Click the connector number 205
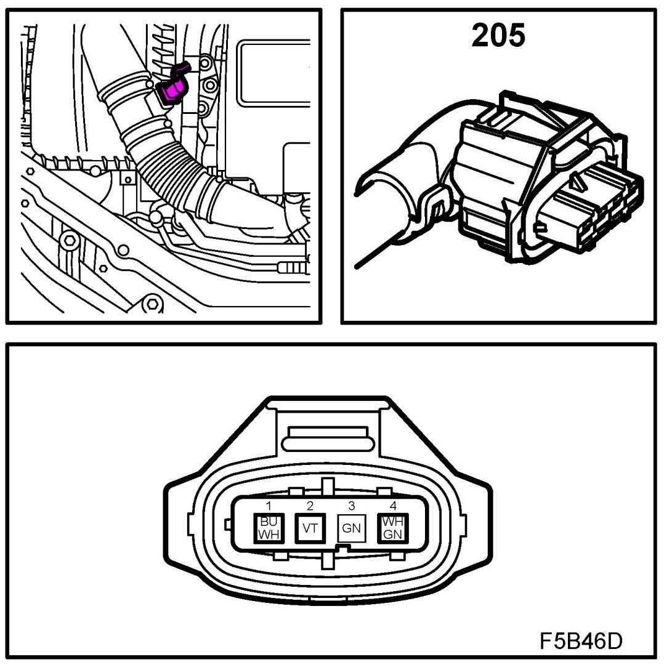tap(498, 36)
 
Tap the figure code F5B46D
tap(581, 640)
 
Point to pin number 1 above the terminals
tap(269, 506)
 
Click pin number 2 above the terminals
tap(310, 506)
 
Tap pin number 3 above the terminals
tap(351, 506)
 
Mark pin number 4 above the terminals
tap(392, 506)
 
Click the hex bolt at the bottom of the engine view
tap(150, 304)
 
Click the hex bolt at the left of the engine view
tap(69, 239)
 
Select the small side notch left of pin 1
tap(229, 524)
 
